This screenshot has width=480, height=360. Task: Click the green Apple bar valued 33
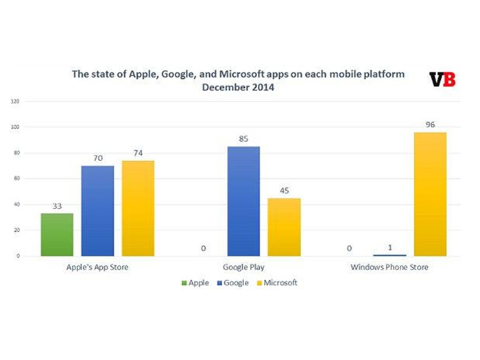(57, 235)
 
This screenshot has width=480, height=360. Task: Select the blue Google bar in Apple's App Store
(97, 211)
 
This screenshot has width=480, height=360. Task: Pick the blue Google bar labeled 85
(244, 201)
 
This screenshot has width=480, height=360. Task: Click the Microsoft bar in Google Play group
(285, 227)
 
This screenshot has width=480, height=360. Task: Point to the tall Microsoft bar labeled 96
(430, 194)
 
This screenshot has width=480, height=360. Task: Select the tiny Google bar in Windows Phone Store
(390, 255)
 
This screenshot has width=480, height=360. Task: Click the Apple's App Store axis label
(97, 267)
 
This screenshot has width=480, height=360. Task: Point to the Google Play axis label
(243, 267)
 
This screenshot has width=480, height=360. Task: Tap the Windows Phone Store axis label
(389, 267)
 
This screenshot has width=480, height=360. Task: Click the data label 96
(431, 125)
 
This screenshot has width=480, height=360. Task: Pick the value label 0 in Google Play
(204, 248)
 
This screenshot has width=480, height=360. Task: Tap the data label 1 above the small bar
(390, 247)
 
